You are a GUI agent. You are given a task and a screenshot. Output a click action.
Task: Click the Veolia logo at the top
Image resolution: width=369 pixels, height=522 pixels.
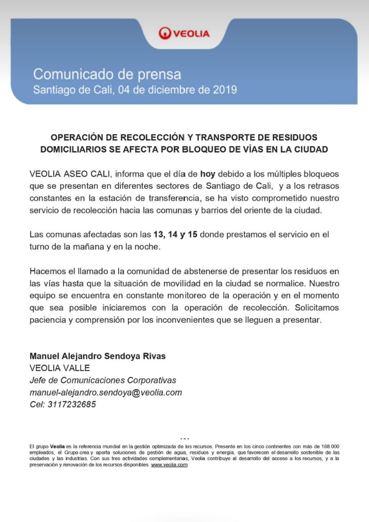(184, 33)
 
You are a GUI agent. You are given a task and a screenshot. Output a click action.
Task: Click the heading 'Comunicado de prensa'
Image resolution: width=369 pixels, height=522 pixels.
(107, 74)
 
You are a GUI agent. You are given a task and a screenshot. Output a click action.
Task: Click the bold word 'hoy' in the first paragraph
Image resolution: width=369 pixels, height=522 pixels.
(207, 173)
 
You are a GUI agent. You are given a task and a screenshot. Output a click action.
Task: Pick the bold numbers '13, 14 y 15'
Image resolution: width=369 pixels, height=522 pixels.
(176, 235)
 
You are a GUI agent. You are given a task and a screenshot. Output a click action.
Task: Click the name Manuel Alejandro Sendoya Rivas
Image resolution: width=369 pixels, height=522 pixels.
(98, 356)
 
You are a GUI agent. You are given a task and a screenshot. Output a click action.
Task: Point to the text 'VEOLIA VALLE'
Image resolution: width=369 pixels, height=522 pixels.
(60, 368)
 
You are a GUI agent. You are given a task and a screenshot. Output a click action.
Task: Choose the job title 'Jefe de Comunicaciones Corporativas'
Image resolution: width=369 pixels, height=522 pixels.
(103, 380)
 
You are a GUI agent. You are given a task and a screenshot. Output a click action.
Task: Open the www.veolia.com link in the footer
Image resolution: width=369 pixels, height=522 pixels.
(169, 465)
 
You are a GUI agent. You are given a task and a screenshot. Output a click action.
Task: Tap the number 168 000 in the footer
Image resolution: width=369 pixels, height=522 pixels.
(328, 447)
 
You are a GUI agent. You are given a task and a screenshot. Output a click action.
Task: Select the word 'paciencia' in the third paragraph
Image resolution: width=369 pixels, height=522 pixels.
(48, 320)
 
